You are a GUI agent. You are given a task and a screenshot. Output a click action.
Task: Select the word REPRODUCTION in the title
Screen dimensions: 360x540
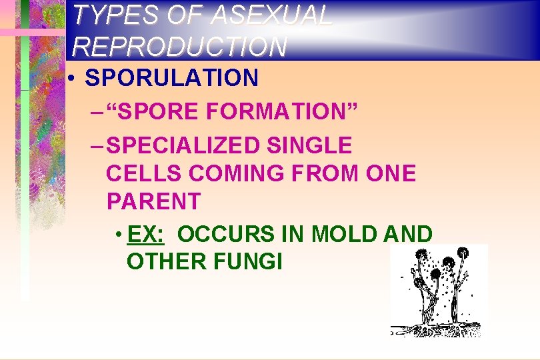[x=180, y=46]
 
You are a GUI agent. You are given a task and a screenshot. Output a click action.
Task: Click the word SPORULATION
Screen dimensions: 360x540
[x=172, y=78]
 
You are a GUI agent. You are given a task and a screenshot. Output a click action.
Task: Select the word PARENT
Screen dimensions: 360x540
[x=153, y=201]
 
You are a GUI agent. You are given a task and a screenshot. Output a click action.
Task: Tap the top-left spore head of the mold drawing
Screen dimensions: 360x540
[x=421, y=255]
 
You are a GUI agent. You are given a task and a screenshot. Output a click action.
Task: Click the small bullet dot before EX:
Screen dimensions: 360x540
[x=117, y=235]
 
